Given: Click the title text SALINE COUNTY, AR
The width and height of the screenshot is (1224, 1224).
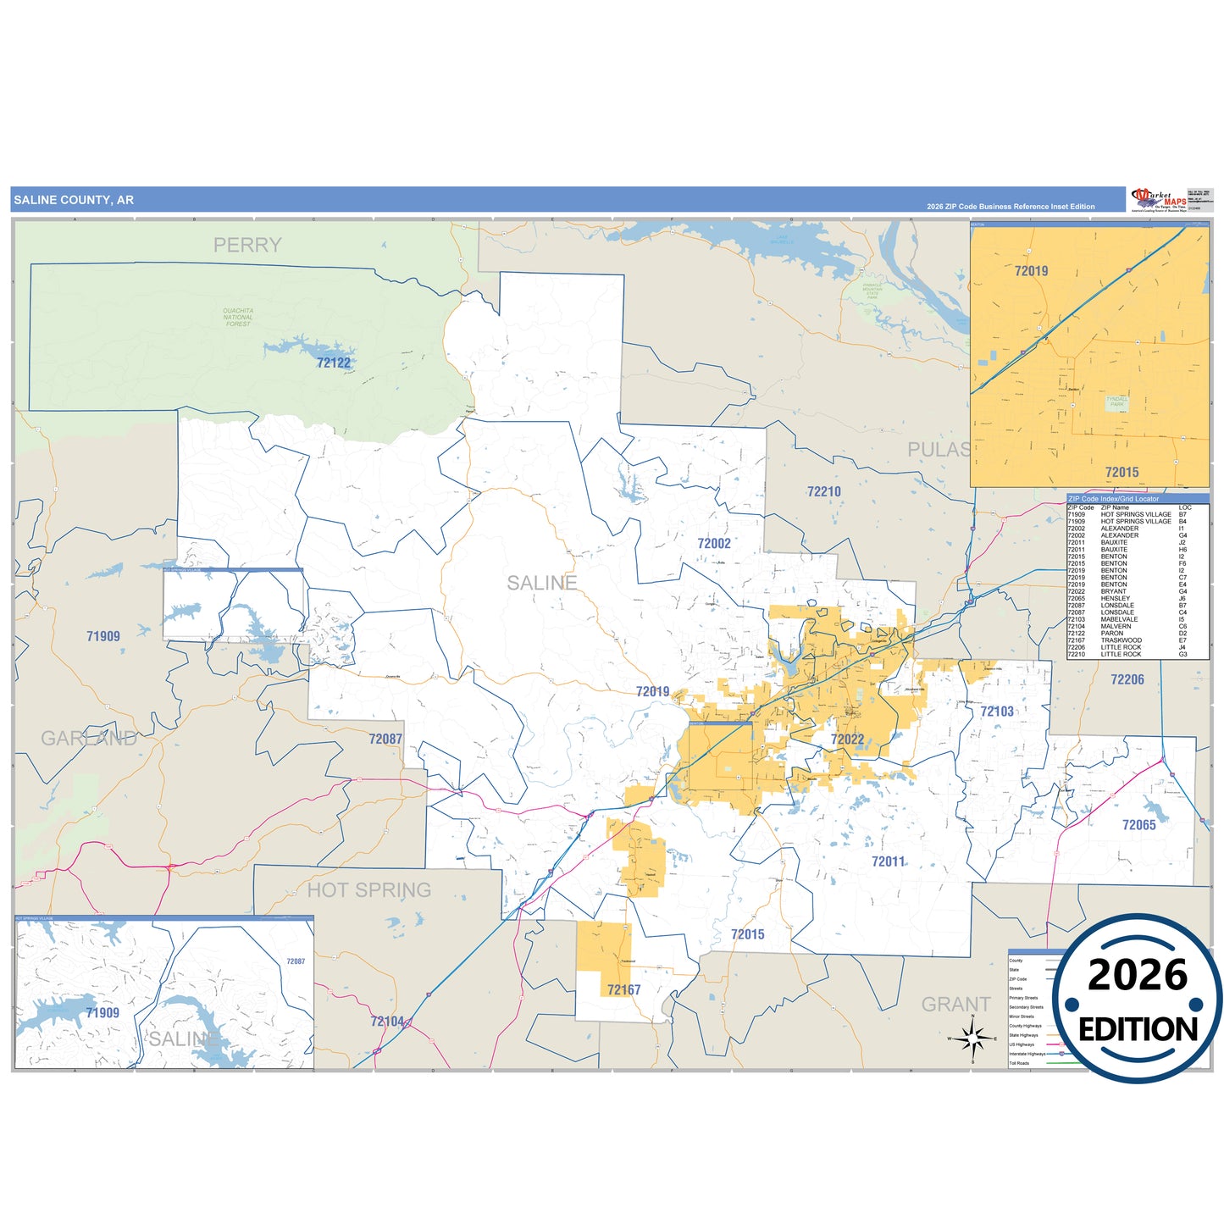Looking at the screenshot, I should (x=74, y=200).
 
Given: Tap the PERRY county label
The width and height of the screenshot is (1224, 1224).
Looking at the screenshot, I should (x=247, y=245).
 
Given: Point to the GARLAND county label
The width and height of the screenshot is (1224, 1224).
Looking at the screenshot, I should (x=89, y=739).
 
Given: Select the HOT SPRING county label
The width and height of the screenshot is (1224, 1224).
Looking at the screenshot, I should (x=368, y=890).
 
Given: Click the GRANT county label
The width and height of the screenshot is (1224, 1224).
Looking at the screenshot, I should (x=955, y=1005).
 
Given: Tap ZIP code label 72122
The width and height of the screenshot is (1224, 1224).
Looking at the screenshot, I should (x=334, y=363).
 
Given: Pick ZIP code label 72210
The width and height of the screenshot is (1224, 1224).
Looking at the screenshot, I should (x=823, y=491).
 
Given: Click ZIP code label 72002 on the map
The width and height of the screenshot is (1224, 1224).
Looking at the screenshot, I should (x=714, y=544).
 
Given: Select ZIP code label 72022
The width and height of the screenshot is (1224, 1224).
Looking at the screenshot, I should (x=847, y=739).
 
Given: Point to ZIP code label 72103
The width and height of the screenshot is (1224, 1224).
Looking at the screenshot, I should (x=997, y=712).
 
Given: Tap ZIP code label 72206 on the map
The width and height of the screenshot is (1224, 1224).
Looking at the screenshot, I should (x=1127, y=679).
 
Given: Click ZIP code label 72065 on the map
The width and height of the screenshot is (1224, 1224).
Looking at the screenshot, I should (x=1138, y=825).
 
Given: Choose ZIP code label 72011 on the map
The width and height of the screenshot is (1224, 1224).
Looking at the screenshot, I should (x=888, y=861).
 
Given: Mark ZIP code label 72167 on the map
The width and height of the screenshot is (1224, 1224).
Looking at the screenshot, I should (x=623, y=989).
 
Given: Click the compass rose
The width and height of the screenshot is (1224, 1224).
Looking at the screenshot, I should (x=973, y=1037).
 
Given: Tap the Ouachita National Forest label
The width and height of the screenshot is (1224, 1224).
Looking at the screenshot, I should (x=238, y=317).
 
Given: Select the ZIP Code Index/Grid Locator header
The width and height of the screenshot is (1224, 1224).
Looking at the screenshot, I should (x=1113, y=499).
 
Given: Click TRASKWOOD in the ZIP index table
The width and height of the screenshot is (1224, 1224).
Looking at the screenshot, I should (x=1121, y=640).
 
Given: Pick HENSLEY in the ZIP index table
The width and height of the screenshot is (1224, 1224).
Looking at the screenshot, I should (x=1115, y=599).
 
